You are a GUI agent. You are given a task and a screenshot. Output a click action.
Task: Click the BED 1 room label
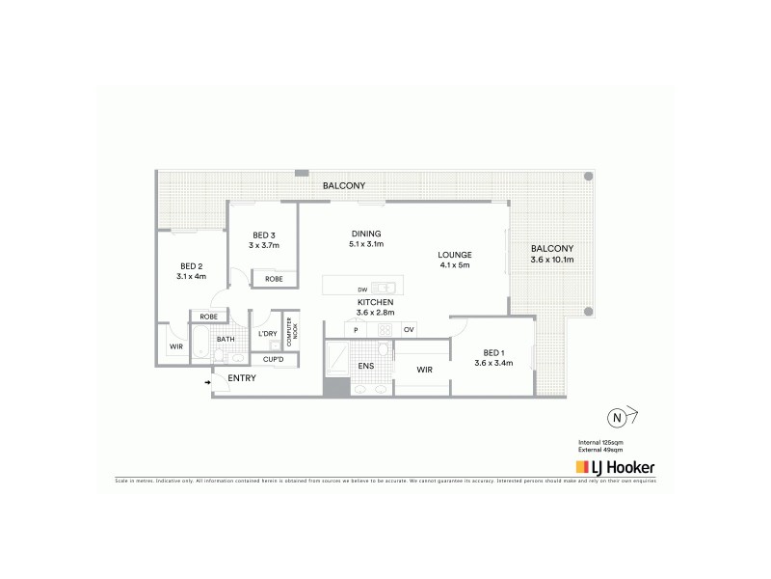click(492, 351)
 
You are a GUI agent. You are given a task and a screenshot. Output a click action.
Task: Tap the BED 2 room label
click(191, 265)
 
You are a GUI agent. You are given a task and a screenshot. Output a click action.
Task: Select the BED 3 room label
click(264, 235)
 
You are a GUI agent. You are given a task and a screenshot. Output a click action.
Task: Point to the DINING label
click(365, 233)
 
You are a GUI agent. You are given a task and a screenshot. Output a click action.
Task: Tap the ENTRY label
click(242, 378)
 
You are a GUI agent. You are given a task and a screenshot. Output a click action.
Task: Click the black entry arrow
click(208, 382)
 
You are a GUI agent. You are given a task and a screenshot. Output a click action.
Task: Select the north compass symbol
click(615, 418)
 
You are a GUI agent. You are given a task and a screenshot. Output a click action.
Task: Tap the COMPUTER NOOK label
click(290, 332)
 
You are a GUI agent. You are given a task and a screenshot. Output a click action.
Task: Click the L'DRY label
click(267, 334)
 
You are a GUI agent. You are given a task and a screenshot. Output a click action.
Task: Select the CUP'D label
click(273, 360)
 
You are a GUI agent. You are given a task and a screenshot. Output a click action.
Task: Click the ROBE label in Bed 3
click(274, 279)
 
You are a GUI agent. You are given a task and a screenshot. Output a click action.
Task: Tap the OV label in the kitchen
click(409, 330)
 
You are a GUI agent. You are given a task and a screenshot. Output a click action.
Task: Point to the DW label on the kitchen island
click(361, 289)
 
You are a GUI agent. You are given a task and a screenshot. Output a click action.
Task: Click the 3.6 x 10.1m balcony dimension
click(552, 260)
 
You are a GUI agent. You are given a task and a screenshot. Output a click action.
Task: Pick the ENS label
click(366, 366)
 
